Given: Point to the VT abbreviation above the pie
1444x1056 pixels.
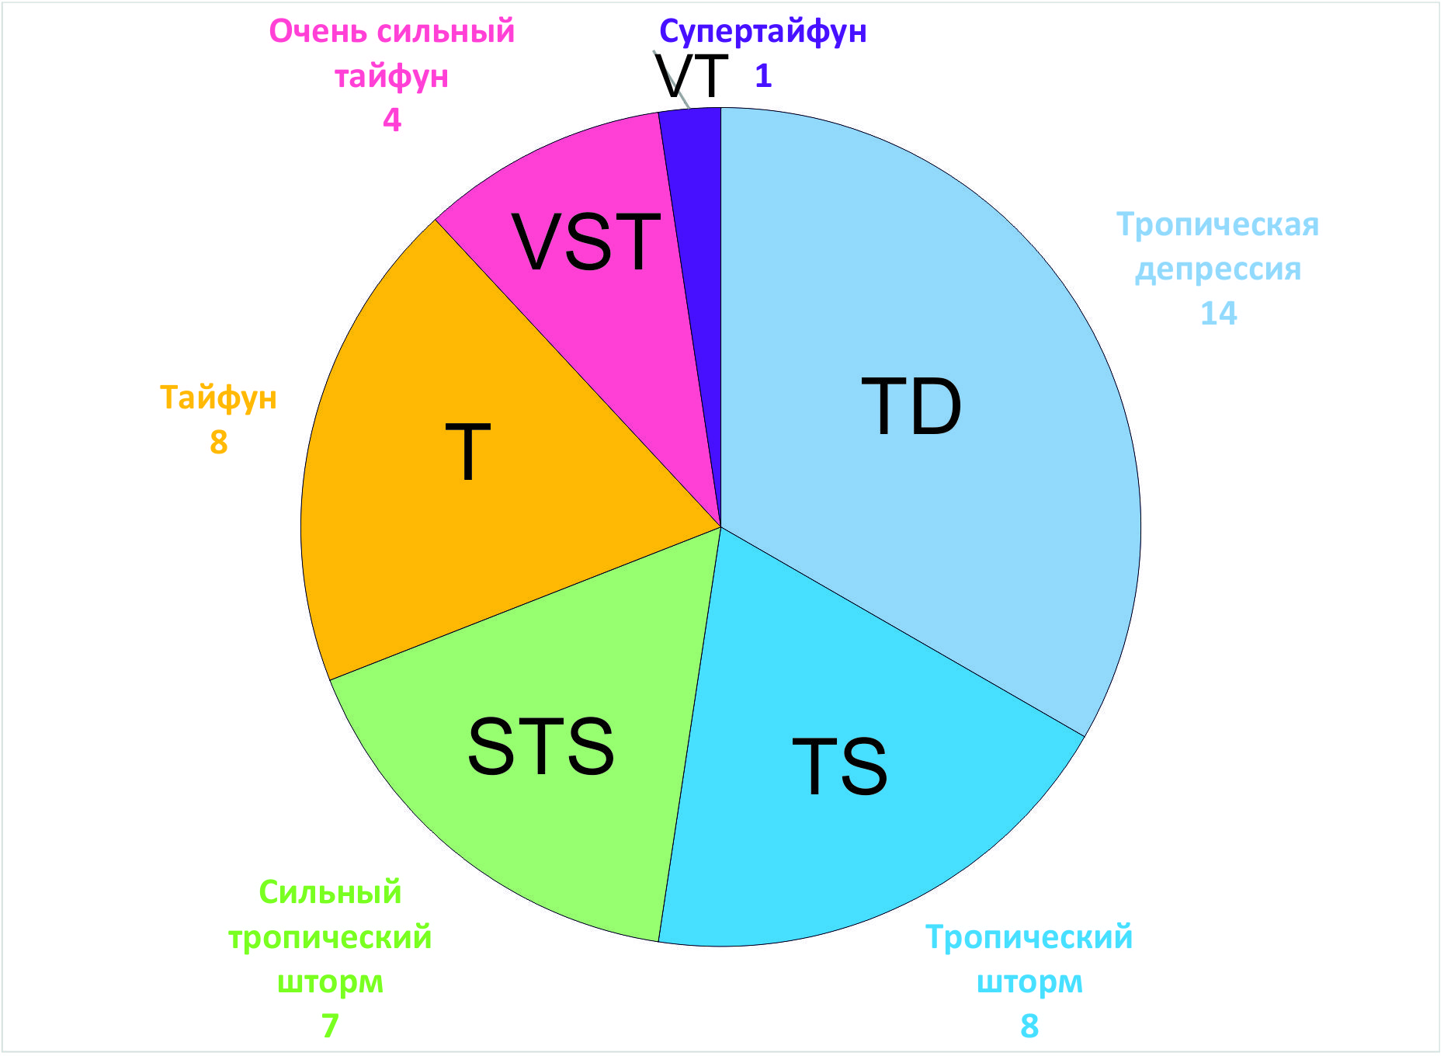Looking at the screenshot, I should click(x=692, y=76).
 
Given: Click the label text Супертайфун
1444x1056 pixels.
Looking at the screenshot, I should click(x=762, y=32).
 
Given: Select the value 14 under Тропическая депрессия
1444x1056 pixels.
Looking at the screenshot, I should click(x=1218, y=314).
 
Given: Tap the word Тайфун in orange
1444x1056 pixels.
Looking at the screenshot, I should click(x=218, y=398).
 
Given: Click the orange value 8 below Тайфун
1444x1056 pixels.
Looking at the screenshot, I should click(x=218, y=442).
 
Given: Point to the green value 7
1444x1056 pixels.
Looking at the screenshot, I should click(x=330, y=1026).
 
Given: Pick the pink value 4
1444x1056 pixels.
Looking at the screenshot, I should click(x=392, y=120).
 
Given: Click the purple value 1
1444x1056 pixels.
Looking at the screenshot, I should click(x=763, y=76).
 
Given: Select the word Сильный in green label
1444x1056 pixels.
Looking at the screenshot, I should click(x=330, y=893).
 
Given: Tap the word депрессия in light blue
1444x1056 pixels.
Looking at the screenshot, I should click(x=1218, y=269).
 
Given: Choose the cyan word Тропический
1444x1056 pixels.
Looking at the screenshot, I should click(x=1029, y=937).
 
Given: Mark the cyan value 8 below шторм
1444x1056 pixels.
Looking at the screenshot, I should click(x=1029, y=1026).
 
